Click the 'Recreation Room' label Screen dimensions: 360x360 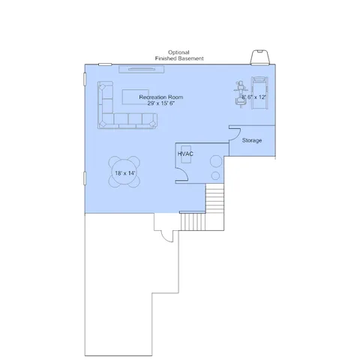point(161,97)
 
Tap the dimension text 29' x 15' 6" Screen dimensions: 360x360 point(161,103)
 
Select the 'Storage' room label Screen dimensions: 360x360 point(252,140)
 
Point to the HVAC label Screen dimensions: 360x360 point(185,154)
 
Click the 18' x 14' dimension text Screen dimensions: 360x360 point(125,173)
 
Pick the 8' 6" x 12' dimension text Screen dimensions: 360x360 point(253,97)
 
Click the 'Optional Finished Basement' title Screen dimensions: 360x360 point(179,55)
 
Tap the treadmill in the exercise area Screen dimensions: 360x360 point(259,93)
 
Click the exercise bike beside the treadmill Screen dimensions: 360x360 point(241,94)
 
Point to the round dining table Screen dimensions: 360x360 point(124,172)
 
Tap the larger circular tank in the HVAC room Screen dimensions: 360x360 point(216,161)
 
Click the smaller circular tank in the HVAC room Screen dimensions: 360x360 point(215,175)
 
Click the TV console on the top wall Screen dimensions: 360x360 point(142,69)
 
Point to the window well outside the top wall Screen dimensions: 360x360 point(259,57)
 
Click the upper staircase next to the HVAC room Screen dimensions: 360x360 point(214,198)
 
